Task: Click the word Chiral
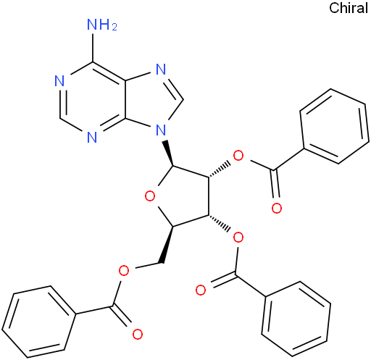click(349, 8)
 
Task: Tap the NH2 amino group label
click(102, 25)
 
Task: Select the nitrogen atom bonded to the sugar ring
click(161, 130)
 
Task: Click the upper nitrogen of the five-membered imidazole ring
click(161, 70)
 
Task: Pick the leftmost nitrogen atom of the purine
click(59, 81)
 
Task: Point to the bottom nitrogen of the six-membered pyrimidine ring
click(92, 138)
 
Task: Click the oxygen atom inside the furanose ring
click(150, 196)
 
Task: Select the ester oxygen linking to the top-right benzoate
click(238, 156)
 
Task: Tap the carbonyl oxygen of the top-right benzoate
click(277, 208)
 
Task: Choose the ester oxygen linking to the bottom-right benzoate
click(238, 238)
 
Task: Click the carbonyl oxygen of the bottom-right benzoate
click(201, 290)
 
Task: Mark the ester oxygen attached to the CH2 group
click(124, 271)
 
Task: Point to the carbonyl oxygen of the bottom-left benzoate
click(138, 334)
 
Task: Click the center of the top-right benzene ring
click(335, 126)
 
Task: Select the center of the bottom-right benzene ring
click(296, 319)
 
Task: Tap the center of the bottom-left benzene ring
click(39, 322)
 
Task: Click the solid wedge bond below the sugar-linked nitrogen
click(169, 153)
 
